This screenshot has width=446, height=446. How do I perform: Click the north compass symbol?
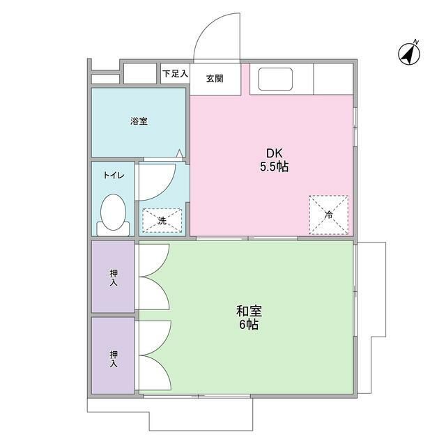pyautogui.click(x=409, y=54)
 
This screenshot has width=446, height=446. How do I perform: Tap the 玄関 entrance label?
pyautogui.click(x=215, y=79)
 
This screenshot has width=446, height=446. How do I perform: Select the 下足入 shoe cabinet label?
pyautogui.click(x=175, y=74)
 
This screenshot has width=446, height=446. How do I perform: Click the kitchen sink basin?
pyautogui.click(x=275, y=79)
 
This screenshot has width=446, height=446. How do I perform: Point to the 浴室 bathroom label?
pyautogui.click(x=139, y=121)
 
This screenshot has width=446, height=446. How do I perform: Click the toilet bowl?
pyautogui.click(x=113, y=212)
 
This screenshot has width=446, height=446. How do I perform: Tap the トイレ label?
pyautogui.click(x=114, y=175)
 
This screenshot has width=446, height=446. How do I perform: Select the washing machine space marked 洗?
pyautogui.click(x=162, y=221)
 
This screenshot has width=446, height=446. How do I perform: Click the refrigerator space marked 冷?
pyautogui.click(x=329, y=215)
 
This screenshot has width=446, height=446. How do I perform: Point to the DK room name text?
pyautogui.click(x=274, y=153)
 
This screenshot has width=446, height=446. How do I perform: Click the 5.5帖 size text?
pyautogui.click(x=274, y=167)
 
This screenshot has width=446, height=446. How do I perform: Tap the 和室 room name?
pyautogui.click(x=249, y=312)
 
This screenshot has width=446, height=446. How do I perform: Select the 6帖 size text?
pyautogui.click(x=249, y=325)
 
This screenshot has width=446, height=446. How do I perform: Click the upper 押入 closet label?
pyautogui.click(x=114, y=278)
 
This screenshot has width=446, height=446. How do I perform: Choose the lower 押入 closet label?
pyautogui.click(x=114, y=359)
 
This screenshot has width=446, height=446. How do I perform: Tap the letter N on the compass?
pyautogui.click(x=416, y=42)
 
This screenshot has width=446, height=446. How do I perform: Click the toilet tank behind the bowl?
pyautogui.click(x=113, y=230)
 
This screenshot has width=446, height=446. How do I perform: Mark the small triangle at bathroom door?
pyautogui.click(x=179, y=153)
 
